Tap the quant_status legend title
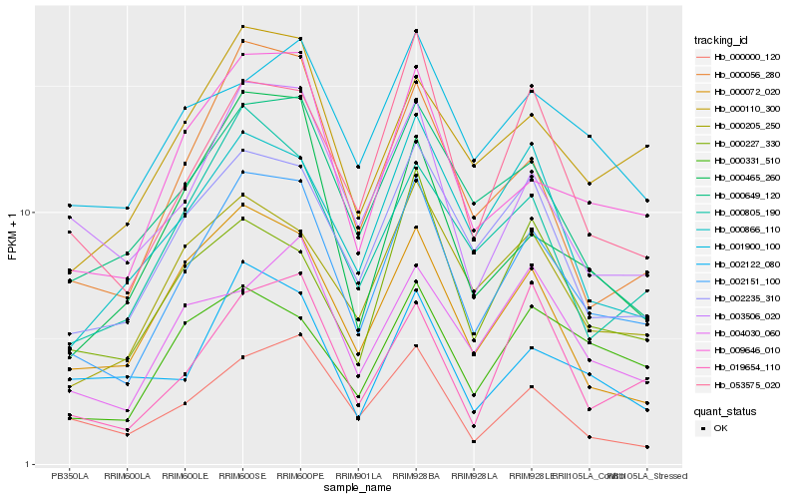click(726, 410)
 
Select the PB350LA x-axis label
click(70, 476)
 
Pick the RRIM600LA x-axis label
click(128, 476)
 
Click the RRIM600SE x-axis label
click(243, 476)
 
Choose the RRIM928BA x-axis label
click(416, 476)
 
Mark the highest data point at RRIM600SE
click(243, 27)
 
